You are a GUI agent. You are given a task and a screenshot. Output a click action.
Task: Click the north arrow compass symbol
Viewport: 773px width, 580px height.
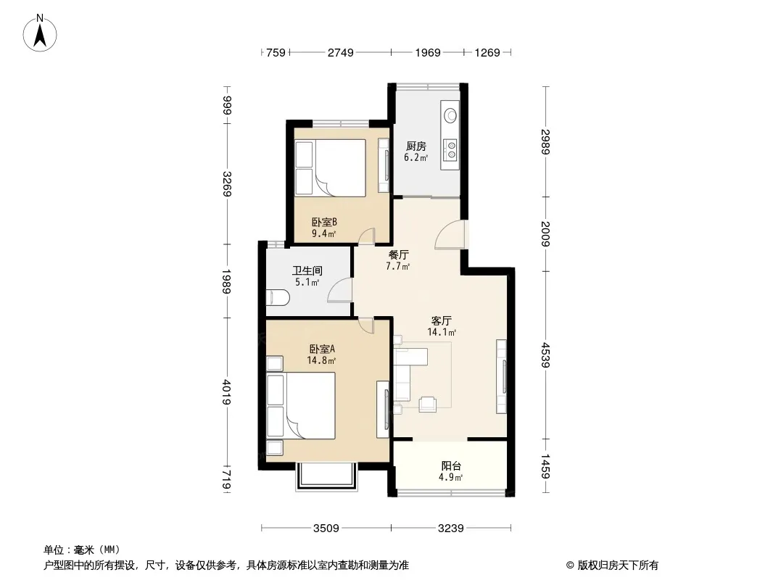coord(40,33)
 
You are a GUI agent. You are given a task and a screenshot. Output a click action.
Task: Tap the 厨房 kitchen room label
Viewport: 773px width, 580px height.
coord(416,146)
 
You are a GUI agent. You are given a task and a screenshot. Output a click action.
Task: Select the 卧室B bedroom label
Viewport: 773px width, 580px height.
coord(324,223)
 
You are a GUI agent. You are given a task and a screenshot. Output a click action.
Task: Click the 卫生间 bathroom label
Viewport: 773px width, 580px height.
coord(307,270)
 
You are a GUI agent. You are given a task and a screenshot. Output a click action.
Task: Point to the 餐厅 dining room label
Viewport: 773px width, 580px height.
coord(398,254)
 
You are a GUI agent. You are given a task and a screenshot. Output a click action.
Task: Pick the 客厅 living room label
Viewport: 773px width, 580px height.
coord(441,320)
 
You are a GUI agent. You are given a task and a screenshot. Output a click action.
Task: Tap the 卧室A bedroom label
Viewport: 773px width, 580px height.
coord(322,349)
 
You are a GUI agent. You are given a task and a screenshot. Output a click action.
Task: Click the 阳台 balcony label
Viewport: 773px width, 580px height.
coord(451,465)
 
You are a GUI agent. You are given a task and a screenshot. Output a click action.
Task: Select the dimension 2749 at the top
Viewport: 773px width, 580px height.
coord(341,52)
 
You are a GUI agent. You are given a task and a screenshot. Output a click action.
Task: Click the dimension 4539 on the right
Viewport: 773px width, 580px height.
coord(545,355)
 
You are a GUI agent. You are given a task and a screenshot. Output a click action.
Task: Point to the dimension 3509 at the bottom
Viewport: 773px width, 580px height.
coord(326,529)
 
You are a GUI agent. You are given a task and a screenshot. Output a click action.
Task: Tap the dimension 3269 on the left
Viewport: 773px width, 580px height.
coord(227,184)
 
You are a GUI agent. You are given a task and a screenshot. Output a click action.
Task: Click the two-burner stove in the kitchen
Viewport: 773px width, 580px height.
coord(450,151)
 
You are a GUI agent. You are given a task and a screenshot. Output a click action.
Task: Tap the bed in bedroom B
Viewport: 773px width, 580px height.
coord(330,167)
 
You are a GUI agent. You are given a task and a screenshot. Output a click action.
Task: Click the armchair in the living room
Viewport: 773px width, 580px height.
coord(427,404)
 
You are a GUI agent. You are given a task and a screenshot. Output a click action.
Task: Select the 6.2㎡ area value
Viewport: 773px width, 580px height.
coord(416,158)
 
